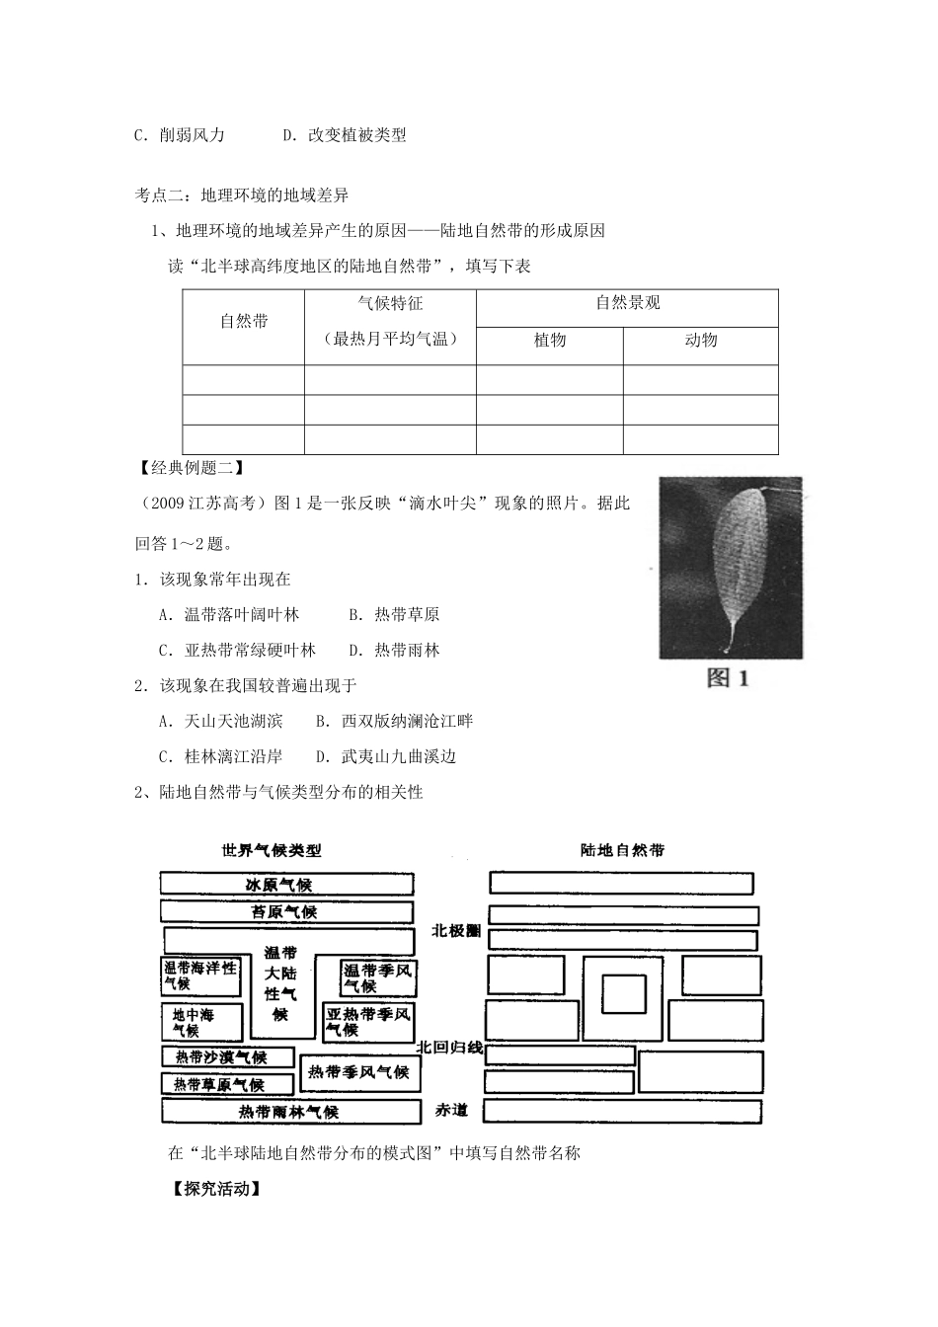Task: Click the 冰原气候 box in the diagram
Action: pos(286,884)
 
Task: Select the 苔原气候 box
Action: pos(286,911)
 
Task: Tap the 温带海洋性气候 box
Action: pos(201,976)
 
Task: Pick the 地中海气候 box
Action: pos(201,1022)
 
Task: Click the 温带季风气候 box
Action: pos(378,976)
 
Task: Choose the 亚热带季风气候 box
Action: pos(368,1022)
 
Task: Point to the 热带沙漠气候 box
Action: pos(227,1056)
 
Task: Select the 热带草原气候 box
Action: pos(227,1084)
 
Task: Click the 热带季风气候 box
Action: pos(358,1071)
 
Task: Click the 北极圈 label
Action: pos(455,931)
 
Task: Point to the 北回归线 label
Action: pos(450,1047)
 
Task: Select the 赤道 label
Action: pos(451,1111)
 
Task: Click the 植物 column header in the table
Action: pos(550,340)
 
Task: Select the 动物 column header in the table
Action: pos(701,340)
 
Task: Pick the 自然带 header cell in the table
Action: pos(244,321)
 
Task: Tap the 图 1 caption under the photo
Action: pos(729,678)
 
